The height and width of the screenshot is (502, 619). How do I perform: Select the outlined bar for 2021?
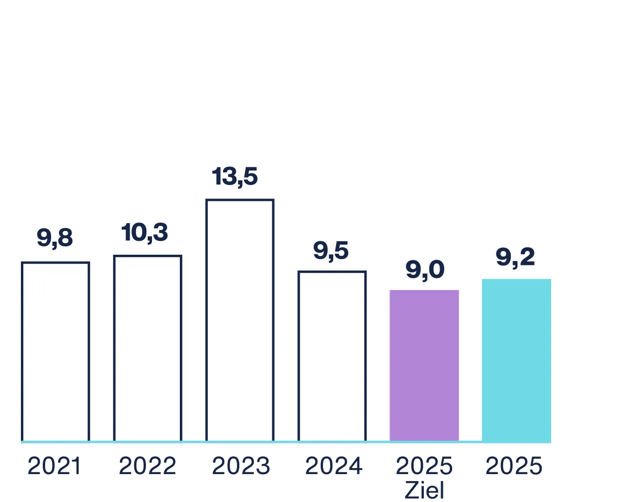[55, 352]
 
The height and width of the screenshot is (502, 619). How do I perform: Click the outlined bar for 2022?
[147, 349]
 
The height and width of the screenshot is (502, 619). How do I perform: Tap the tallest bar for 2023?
[240, 321]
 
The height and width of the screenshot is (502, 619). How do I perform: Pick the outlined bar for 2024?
[332, 357]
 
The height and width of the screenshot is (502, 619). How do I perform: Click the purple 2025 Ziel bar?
[424, 366]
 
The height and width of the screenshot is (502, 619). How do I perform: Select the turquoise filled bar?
[516, 360]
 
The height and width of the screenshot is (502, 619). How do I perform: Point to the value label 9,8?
[55, 238]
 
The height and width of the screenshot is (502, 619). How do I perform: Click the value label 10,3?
[145, 232]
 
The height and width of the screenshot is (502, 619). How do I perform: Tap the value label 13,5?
[235, 177]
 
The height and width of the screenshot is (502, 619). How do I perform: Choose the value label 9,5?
[331, 251]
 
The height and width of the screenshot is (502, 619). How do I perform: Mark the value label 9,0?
[425, 270]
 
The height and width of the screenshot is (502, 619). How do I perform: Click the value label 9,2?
[515, 257]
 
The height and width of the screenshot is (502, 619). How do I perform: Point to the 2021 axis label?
[54, 466]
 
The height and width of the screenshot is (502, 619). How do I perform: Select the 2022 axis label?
[147, 466]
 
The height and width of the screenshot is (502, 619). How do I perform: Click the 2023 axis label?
[241, 466]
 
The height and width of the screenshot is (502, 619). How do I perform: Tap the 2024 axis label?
[333, 466]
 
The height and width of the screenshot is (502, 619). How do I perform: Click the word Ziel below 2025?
[424, 490]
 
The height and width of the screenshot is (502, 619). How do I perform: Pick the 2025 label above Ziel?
[424, 466]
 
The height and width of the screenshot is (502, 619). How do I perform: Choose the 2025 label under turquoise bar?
[514, 466]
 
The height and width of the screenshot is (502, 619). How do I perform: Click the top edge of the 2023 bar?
[240, 200]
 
